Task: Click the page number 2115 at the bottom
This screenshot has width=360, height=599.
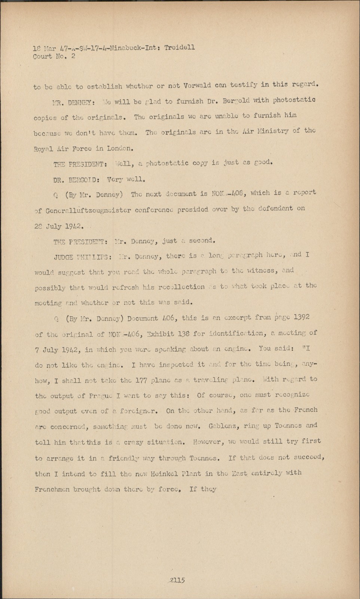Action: click(177, 580)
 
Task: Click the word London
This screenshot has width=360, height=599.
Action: click(120, 148)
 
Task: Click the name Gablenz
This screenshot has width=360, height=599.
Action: click(223, 426)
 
